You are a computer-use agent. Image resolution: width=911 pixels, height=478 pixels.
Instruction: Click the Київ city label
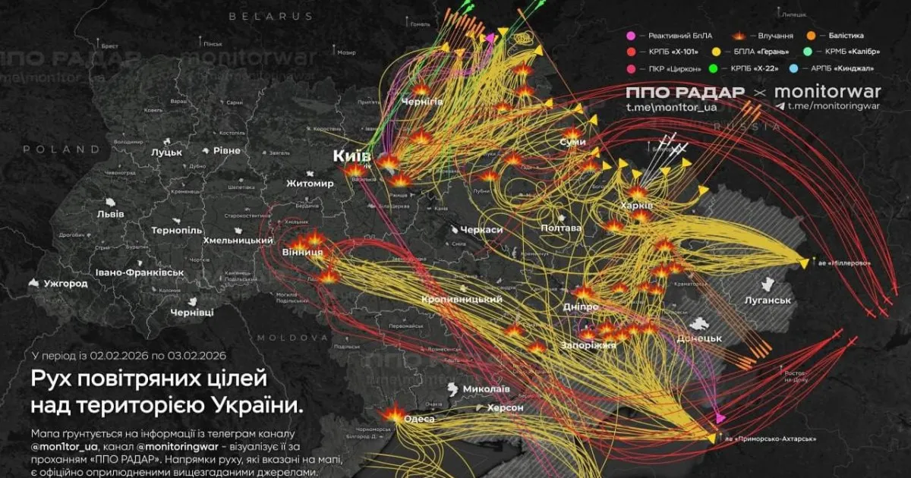pos(351,156)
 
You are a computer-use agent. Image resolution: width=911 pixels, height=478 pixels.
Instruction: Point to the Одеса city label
pos(420,419)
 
